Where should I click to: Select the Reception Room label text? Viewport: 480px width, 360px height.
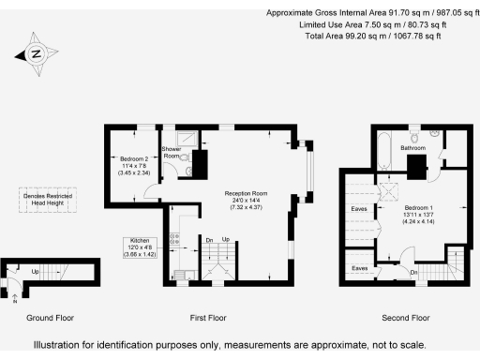point(246,199)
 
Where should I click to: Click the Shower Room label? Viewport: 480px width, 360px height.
point(171,153)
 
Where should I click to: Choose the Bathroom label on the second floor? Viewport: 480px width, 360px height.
point(413,148)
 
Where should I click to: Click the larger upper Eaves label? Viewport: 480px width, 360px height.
point(358,209)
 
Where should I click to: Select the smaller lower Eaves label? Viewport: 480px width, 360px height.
point(358,268)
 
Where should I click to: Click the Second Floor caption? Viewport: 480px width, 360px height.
point(409,318)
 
